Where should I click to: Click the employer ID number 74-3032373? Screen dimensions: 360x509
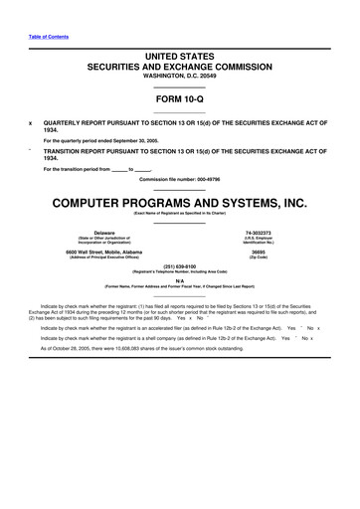click(258, 233)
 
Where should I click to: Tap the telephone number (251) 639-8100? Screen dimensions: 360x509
click(179, 265)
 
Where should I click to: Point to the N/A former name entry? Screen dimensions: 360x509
click(179, 280)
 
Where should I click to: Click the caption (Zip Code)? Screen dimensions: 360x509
click(258, 257)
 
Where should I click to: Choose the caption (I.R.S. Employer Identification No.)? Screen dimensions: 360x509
click(258, 242)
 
